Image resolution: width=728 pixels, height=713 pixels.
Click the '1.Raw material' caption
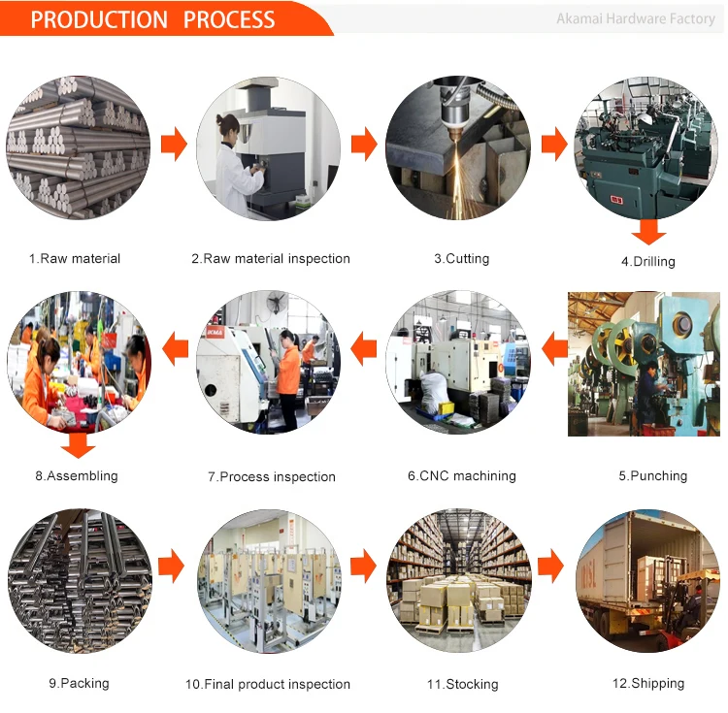(x=75, y=259)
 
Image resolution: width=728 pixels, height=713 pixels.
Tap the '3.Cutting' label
(x=461, y=259)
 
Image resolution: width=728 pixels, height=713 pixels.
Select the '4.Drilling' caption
(x=647, y=262)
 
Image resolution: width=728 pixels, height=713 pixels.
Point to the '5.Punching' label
(x=652, y=476)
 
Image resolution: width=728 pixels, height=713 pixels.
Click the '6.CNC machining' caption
(x=461, y=476)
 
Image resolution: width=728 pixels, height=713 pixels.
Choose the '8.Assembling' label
(x=77, y=476)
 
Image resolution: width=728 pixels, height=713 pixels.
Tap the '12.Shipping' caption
(x=647, y=684)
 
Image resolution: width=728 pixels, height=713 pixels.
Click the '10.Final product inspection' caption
(x=268, y=685)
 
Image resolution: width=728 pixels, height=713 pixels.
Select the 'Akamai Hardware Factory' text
(x=636, y=18)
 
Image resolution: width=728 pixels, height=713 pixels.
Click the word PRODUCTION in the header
(x=99, y=19)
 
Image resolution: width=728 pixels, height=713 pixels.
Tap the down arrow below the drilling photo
(x=648, y=232)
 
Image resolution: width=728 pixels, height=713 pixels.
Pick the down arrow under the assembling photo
(x=78, y=445)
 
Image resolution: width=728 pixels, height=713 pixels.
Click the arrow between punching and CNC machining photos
(x=554, y=348)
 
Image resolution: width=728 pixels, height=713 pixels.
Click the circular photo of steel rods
(x=78, y=146)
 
